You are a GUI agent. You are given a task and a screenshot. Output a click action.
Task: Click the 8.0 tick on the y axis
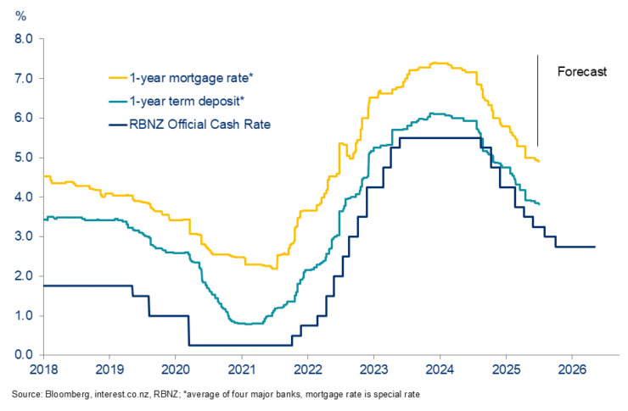pos(22,39)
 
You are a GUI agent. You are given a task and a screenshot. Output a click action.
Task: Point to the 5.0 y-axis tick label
pos(22,158)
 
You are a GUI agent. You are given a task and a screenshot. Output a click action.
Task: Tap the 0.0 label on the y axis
pos(22,355)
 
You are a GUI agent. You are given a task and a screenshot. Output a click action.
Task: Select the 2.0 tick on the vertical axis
pos(22,276)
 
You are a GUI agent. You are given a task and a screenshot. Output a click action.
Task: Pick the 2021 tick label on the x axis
pos(241,370)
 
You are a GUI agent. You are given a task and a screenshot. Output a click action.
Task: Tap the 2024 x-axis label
pos(440,370)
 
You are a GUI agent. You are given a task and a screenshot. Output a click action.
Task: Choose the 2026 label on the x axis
pos(572,370)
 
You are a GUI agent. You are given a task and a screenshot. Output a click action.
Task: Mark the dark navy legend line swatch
pos(117,125)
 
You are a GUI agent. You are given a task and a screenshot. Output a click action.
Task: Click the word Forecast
pos(581,72)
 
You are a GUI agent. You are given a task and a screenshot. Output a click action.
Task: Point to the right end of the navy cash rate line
pos(595,247)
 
